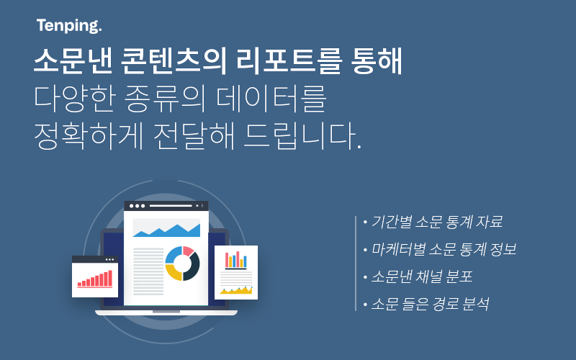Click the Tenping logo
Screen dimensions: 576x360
click(x=69, y=26)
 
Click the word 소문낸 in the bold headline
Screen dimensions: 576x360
click(x=73, y=61)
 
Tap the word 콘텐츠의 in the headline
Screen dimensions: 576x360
click(x=174, y=61)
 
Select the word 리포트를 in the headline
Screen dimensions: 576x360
click(x=289, y=61)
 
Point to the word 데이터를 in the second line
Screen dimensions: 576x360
click(x=271, y=99)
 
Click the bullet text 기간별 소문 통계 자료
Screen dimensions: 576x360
click(x=437, y=222)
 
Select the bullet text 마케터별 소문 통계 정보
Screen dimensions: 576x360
click(x=444, y=249)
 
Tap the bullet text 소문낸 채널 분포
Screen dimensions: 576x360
click(x=422, y=276)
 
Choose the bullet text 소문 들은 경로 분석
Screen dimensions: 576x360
click(x=430, y=304)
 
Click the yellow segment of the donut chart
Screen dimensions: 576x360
click(x=174, y=273)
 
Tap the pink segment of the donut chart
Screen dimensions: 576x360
click(x=188, y=251)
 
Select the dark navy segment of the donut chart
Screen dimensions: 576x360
click(x=193, y=267)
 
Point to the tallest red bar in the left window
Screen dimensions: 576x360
click(x=110, y=278)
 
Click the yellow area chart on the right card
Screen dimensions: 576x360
click(x=236, y=291)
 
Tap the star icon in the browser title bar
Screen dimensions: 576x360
click(x=197, y=206)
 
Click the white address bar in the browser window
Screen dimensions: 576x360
click(x=171, y=206)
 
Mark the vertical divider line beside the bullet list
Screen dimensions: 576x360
click(x=356, y=264)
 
